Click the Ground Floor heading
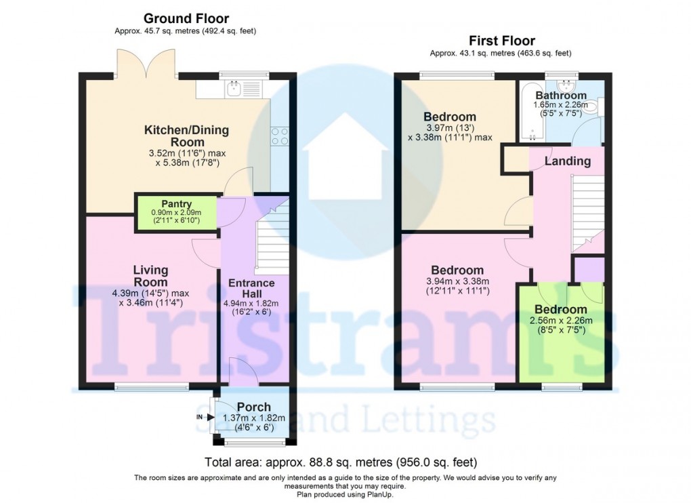click(x=186, y=19)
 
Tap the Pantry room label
click(x=176, y=203)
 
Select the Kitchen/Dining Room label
click(x=187, y=136)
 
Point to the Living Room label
click(x=150, y=276)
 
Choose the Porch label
click(x=253, y=407)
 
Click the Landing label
click(x=567, y=161)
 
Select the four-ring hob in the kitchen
click(x=279, y=137)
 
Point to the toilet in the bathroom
click(x=591, y=106)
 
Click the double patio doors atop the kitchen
click(x=147, y=64)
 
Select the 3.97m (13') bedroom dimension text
click(x=450, y=128)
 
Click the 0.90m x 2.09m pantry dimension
click(x=176, y=213)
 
